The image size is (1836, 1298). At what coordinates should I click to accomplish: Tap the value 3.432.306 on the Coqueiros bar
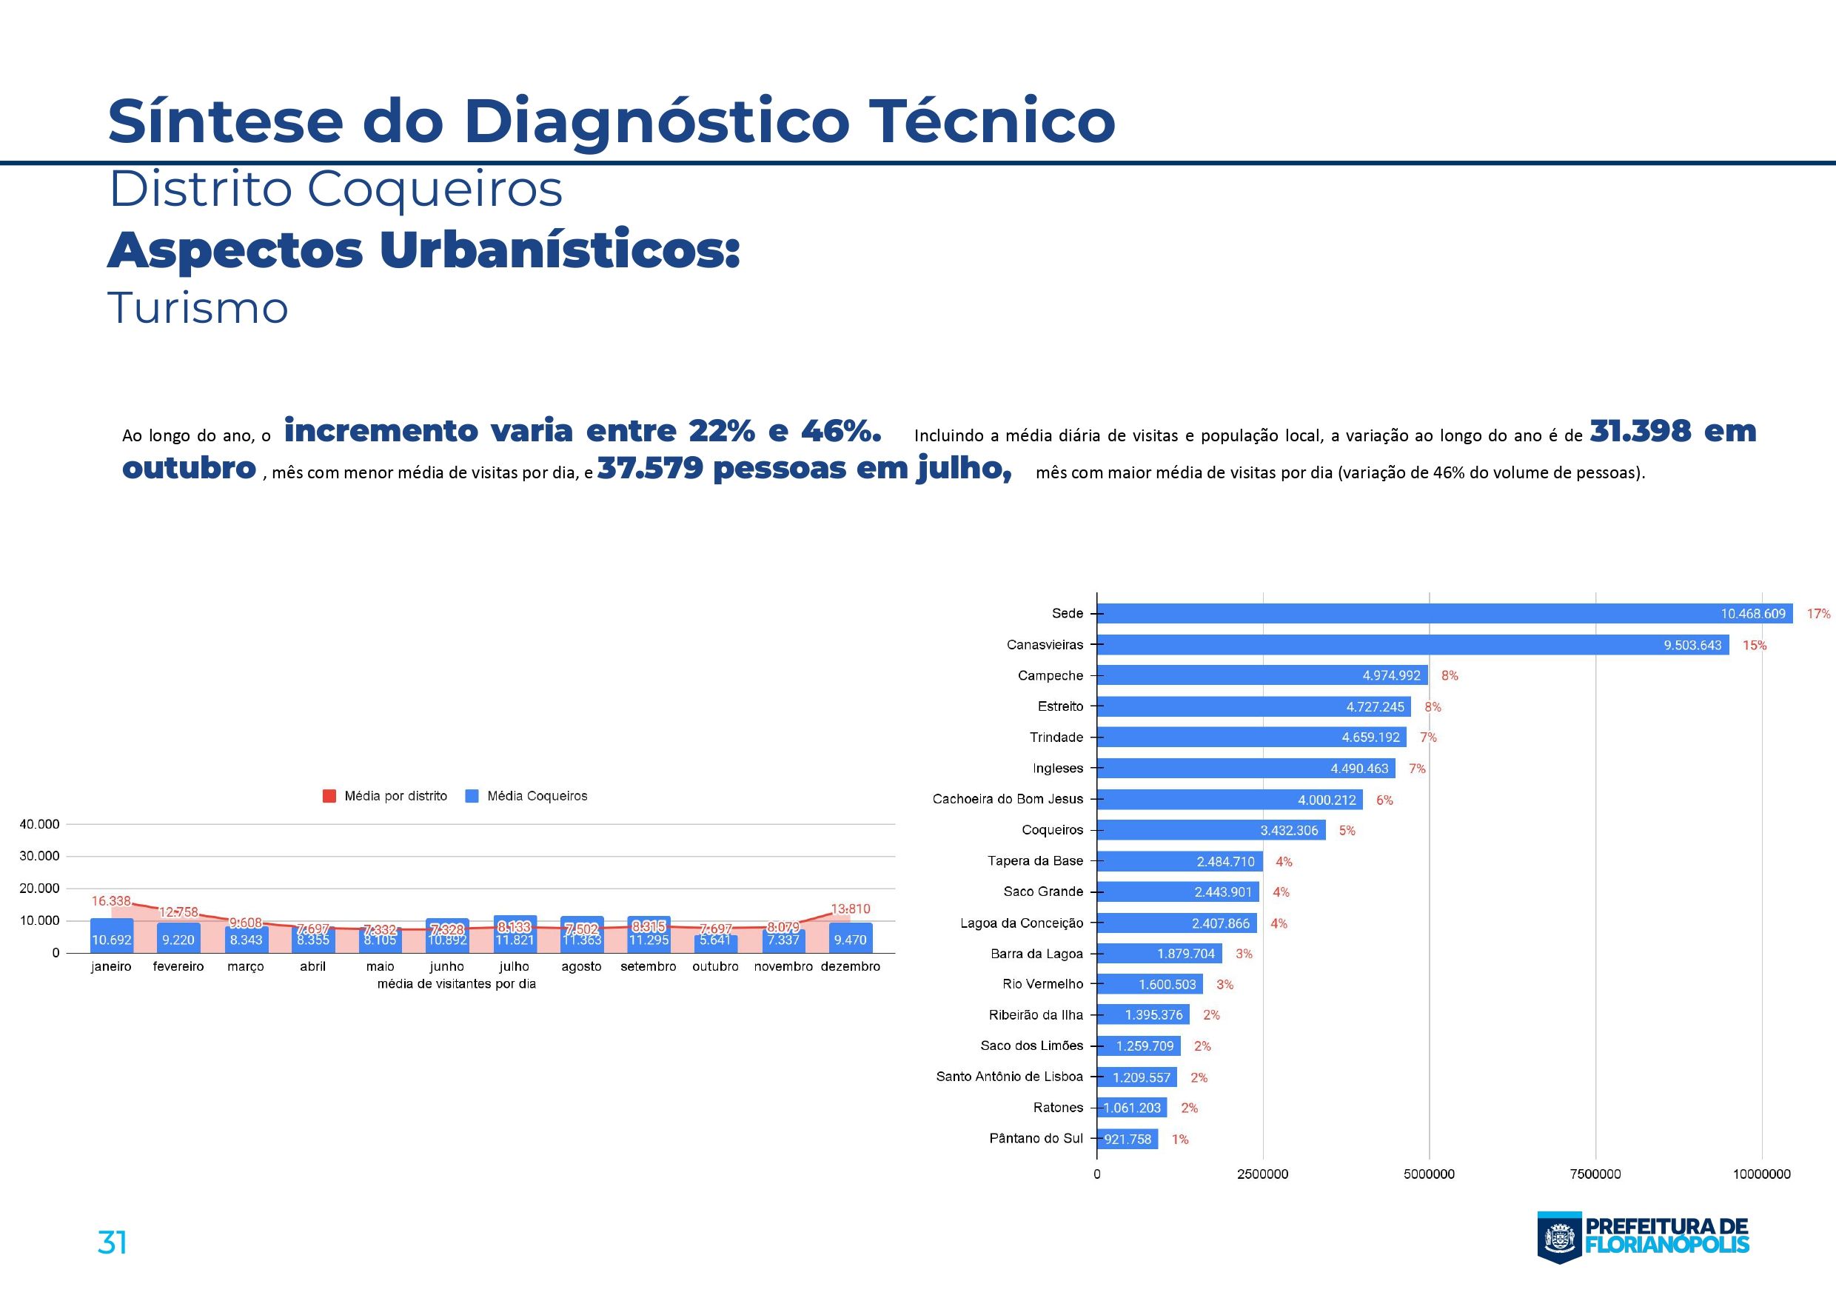coord(1289,830)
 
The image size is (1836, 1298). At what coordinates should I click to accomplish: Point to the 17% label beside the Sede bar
coord(1818,613)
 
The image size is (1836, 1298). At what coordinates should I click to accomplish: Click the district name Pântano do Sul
coord(1036,1138)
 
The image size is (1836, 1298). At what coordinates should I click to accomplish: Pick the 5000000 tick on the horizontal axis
coord(1429,1174)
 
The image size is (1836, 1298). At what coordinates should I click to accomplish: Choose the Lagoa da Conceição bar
coord(1176,923)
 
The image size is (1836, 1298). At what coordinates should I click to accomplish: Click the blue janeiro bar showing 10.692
coord(111,937)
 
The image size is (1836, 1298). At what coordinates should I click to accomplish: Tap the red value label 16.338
coord(111,900)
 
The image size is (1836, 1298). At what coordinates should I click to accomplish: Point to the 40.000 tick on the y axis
coord(39,824)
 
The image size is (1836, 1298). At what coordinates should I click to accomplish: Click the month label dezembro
coord(850,966)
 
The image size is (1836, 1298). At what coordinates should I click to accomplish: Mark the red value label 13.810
coord(850,909)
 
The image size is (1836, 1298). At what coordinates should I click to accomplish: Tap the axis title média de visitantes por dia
coord(457,984)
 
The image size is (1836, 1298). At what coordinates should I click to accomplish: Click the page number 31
coord(112,1242)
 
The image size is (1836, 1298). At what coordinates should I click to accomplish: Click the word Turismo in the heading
coord(198,309)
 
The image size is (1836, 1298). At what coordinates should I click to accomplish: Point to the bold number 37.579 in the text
coord(649,468)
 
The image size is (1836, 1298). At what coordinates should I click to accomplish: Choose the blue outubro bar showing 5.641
coord(715,942)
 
